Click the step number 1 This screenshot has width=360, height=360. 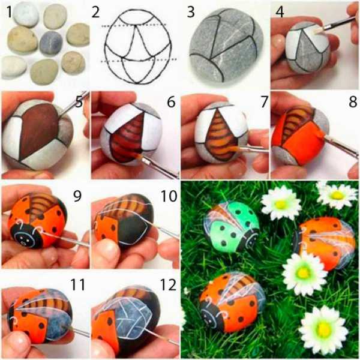tap(9, 12)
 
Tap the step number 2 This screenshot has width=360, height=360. tap(95, 12)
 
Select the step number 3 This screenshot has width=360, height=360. tap(191, 12)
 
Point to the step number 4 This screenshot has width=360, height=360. tap(280, 12)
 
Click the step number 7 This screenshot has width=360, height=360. tap(264, 102)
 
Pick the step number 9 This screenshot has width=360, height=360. tap(77, 196)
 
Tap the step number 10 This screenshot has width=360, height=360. tap(169, 196)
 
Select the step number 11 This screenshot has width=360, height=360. tap(78, 284)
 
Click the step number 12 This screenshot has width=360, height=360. tap(168, 284)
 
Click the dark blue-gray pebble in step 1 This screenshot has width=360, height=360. tap(51, 43)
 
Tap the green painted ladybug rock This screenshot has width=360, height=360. tap(232, 226)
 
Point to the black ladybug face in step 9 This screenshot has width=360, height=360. tap(26, 236)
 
